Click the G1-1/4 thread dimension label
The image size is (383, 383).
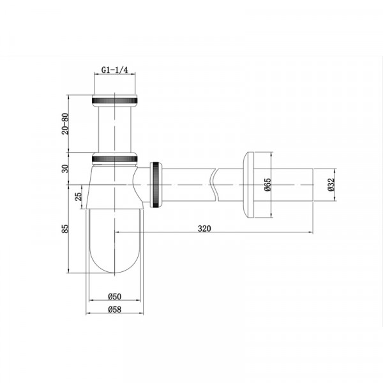coord(114,70)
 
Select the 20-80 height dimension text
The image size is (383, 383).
coord(65,124)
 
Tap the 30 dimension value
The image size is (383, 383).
coord(65,169)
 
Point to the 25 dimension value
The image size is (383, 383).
coord(78,197)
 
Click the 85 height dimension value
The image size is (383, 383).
coord(65,229)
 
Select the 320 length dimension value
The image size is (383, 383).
coord(204,229)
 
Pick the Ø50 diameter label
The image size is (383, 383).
coord(114,296)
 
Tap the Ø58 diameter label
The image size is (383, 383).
coord(114,310)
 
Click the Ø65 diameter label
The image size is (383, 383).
coord(267,184)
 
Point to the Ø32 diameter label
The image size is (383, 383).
coord(331,184)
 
